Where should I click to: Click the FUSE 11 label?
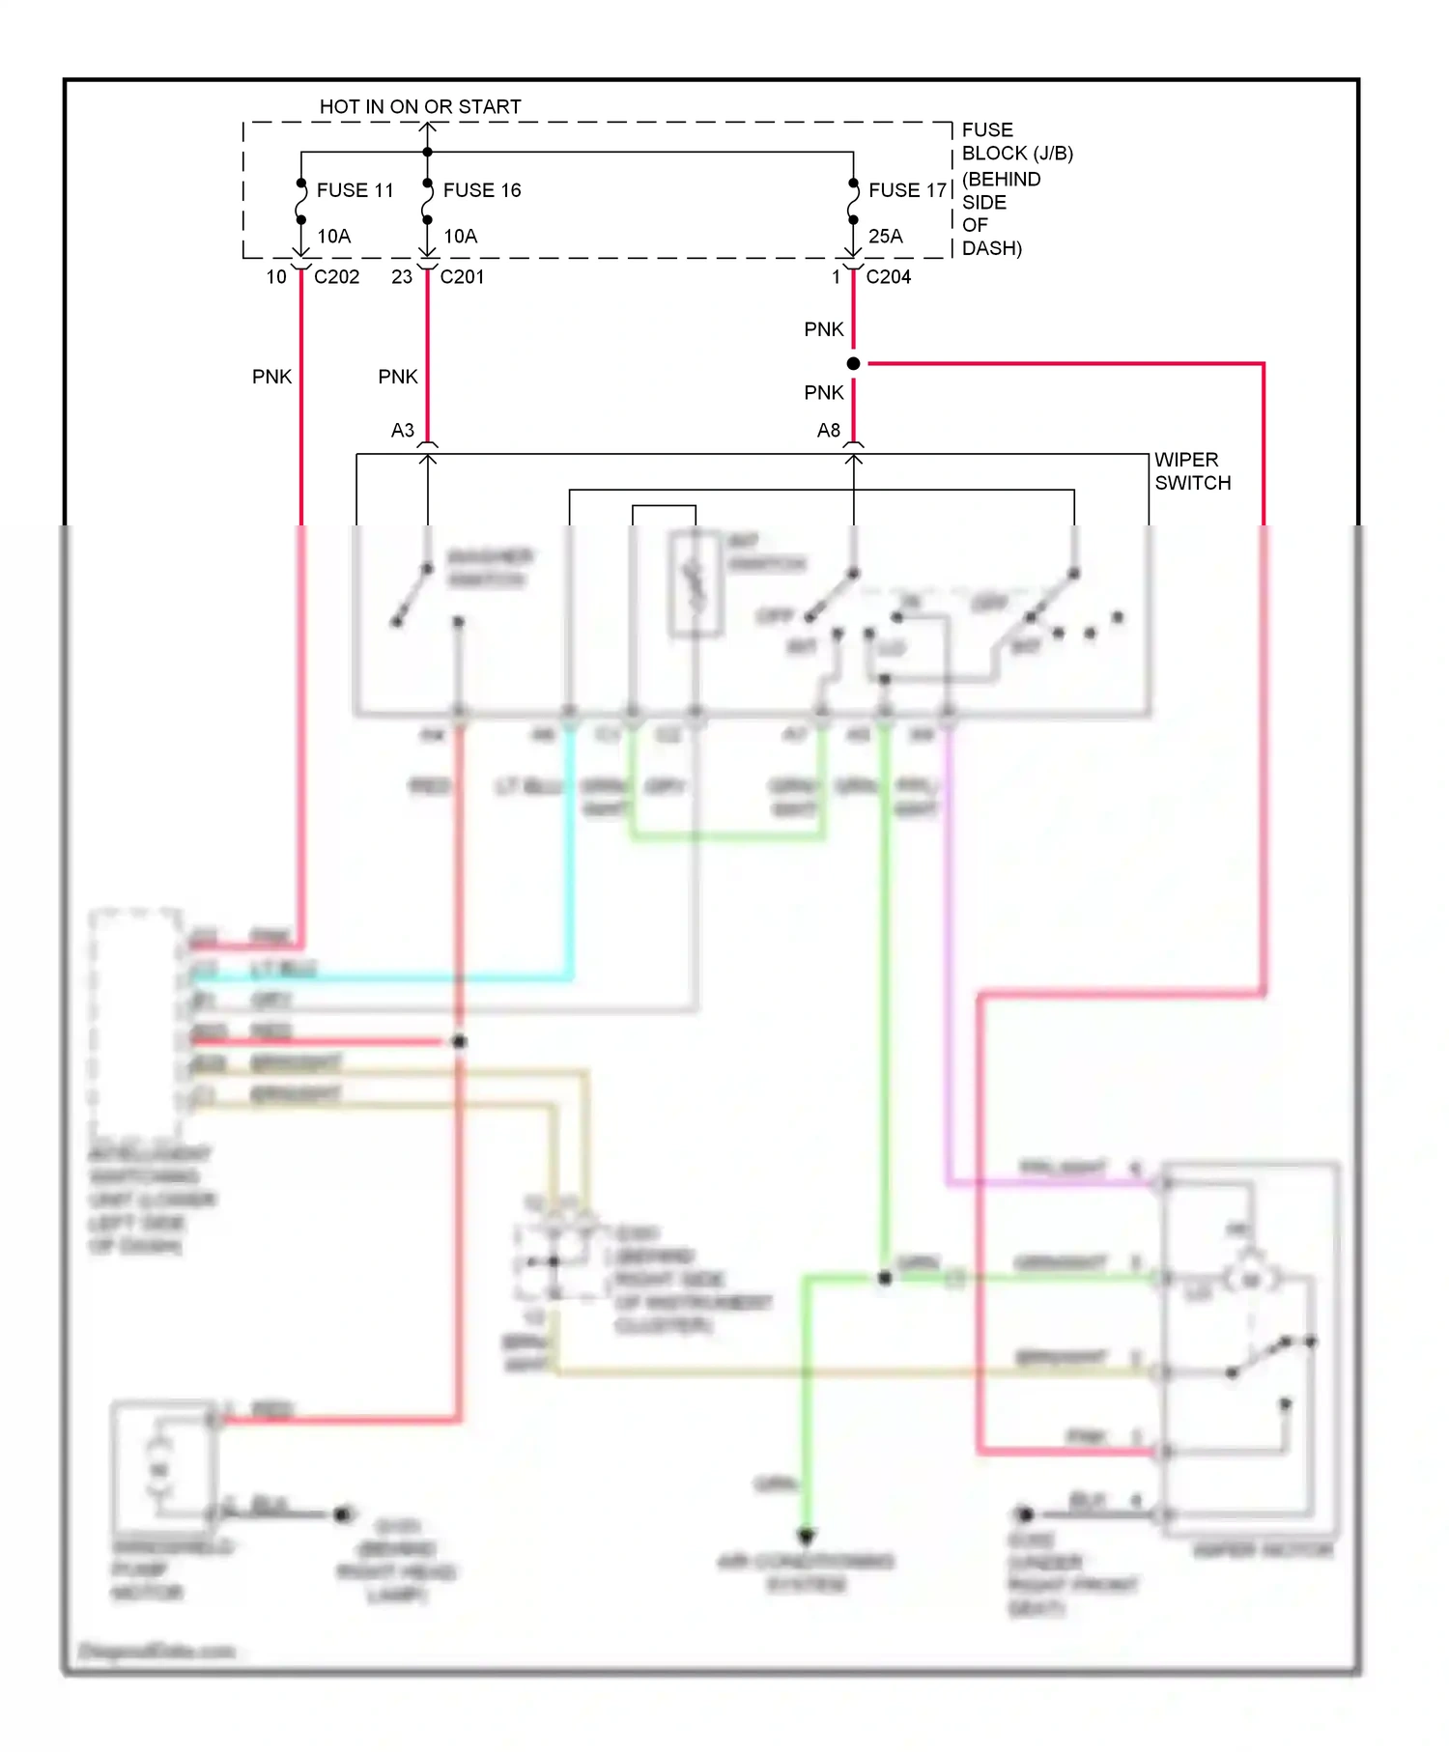click(x=355, y=190)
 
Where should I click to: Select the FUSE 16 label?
click(x=481, y=190)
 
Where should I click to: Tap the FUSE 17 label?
click(x=907, y=190)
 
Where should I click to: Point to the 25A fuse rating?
click(x=885, y=237)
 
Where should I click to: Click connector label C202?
click(x=336, y=277)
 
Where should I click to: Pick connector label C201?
click(x=462, y=277)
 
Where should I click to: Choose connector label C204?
click(x=888, y=277)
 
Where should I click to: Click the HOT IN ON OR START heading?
click(x=420, y=107)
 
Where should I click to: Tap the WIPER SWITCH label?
click(x=1192, y=471)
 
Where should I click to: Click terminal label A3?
click(x=402, y=431)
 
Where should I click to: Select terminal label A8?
click(x=828, y=431)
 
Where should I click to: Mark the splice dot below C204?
click(x=853, y=364)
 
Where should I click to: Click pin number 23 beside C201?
click(x=402, y=277)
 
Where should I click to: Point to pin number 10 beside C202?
click(x=276, y=277)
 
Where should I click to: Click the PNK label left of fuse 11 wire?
click(x=271, y=377)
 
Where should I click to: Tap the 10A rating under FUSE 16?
click(x=460, y=237)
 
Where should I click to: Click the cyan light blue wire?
click(x=569, y=869)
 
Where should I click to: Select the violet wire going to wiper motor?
click(x=948, y=966)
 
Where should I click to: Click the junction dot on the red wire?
click(x=459, y=1041)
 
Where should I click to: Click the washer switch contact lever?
click(x=412, y=594)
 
